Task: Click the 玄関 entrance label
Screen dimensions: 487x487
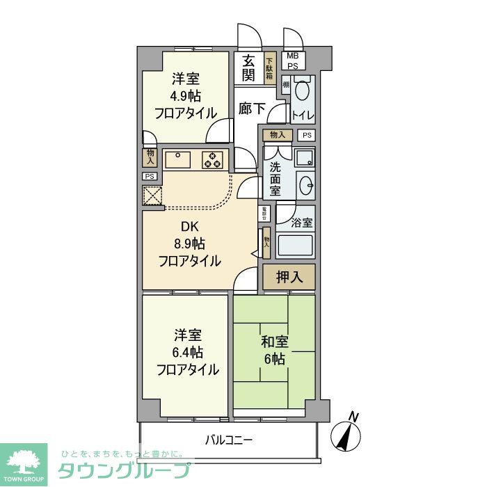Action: coord(248,68)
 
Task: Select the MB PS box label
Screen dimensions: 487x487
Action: coord(293,61)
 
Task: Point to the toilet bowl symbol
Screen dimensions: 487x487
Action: coord(303,90)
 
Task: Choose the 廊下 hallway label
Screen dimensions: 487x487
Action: coord(250,109)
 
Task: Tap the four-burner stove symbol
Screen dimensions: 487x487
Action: coord(212,160)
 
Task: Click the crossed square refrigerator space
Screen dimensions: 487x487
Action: coord(152,197)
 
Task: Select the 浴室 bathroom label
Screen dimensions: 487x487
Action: coord(302,224)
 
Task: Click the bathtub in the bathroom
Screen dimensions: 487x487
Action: coord(296,247)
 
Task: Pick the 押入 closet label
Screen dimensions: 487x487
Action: coord(289,277)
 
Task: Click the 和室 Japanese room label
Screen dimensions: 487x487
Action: coord(274,342)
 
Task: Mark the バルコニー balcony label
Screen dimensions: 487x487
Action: coord(228,440)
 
